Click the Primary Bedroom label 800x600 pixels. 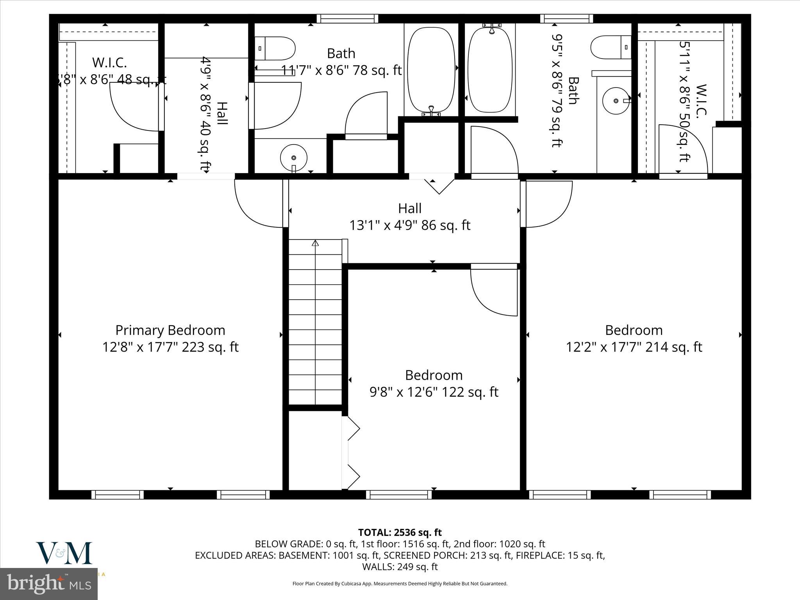click(x=170, y=330)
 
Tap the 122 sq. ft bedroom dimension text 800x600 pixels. click(x=434, y=392)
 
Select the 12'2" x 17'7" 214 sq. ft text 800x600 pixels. click(x=634, y=347)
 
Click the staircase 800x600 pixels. click(x=315, y=324)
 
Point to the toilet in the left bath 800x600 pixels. click(x=275, y=48)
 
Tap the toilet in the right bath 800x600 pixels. click(x=611, y=47)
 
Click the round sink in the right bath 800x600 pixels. click(x=616, y=101)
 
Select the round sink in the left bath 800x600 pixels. click(x=294, y=157)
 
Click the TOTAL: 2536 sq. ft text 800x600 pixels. click(x=400, y=532)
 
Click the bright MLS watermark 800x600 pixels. click(x=49, y=584)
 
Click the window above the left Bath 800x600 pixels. click(x=347, y=18)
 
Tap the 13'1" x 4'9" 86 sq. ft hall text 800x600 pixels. click(x=409, y=225)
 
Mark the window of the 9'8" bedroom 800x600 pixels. click(x=399, y=495)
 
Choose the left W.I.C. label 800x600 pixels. click(x=109, y=62)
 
